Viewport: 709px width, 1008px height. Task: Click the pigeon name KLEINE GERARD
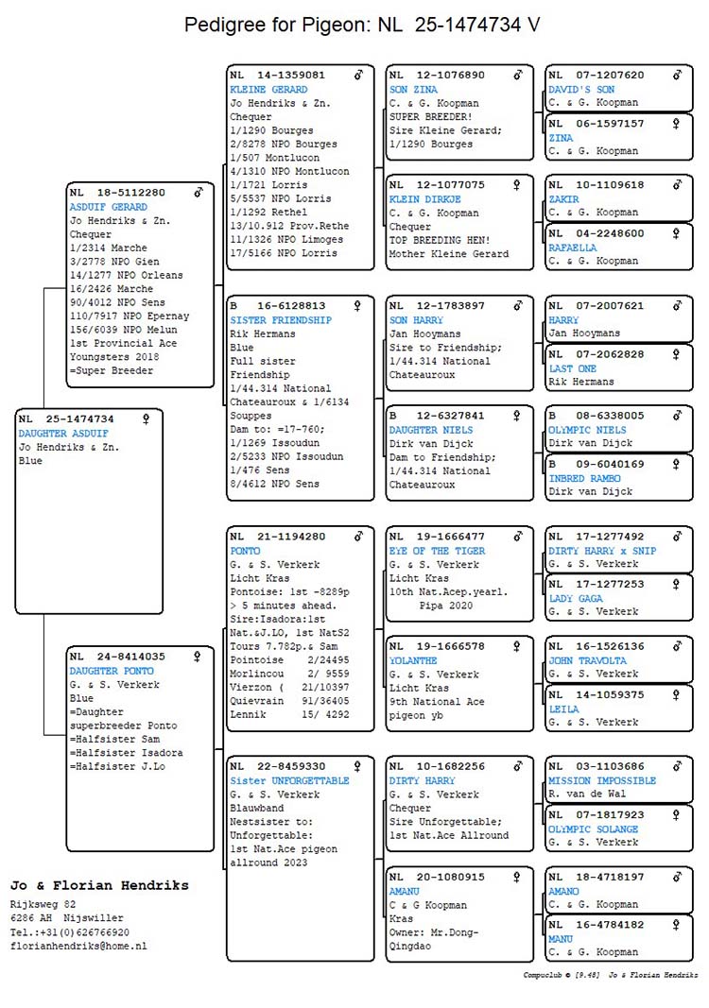pyautogui.click(x=268, y=90)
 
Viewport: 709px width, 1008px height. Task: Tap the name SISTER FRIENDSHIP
pyautogui.click(x=281, y=320)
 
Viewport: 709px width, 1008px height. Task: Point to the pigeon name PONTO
pyautogui.click(x=245, y=551)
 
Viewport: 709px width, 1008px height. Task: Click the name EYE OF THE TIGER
pyautogui.click(x=437, y=551)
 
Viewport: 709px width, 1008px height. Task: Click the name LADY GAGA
pyautogui.click(x=576, y=599)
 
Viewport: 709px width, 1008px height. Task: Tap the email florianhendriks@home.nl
pyautogui.click(x=78, y=946)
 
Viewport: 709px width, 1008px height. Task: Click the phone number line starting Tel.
pyautogui.click(x=70, y=931)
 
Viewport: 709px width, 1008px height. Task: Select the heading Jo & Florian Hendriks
pyautogui.click(x=99, y=885)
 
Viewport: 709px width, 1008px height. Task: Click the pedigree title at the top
pyautogui.click(x=363, y=26)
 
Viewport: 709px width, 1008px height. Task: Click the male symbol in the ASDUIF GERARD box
pyautogui.click(x=199, y=193)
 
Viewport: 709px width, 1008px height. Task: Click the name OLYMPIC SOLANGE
pyautogui.click(x=593, y=829)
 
